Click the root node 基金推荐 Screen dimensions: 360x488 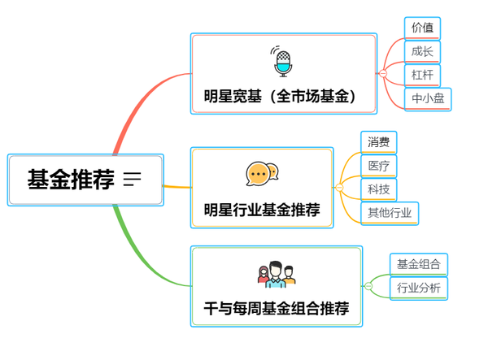[72, 180]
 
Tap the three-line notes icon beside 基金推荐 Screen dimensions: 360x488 [132, 180]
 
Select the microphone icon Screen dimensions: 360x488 [282, 61]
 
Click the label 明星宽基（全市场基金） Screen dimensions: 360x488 [281, 97]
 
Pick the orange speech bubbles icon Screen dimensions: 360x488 [262, 173]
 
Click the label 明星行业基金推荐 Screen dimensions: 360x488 [261, 210]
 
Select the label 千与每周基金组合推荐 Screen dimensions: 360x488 [276, 309]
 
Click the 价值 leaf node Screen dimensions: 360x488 [422, 28]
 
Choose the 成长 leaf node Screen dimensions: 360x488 [422, 51]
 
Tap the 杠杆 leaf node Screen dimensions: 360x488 [422, 75]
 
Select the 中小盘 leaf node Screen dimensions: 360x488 [428, 99]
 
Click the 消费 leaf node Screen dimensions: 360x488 [378, 142]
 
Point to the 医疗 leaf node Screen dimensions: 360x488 [378, 166]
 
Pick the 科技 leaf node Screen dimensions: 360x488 [378, 189]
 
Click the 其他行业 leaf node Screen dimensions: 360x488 [390, 213]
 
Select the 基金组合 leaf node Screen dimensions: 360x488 [418, 263]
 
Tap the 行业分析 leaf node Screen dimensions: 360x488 [418, 288]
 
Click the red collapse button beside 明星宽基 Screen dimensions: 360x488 [383, 74]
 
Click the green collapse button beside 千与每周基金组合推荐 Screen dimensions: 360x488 [368, 286]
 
